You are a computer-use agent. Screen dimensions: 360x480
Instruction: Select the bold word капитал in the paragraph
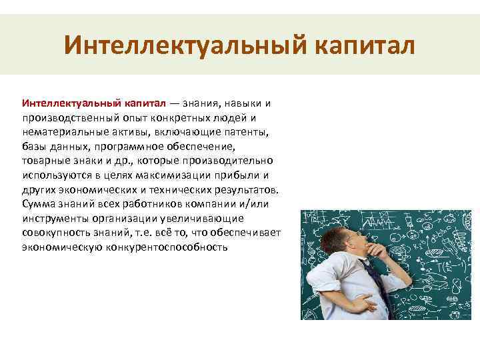tap(145, 104)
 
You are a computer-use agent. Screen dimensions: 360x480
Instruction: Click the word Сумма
tap(37, 204)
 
